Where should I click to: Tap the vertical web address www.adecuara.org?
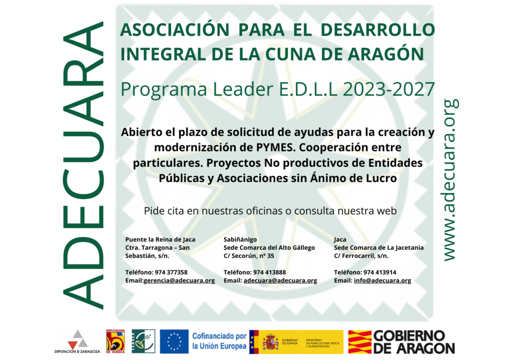pyautogui.click(x=450, y=179)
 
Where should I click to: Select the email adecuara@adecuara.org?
pyautogui.click(x=280, y=281)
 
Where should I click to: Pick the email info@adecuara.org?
pyautogui.click(x=382, y=281)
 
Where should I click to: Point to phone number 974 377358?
pyautogui.click(x=171, y=272)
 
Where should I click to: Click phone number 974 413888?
pyautogui.click(x=269, y=272)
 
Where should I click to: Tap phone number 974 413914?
pyautogui.click(x=380, y=272)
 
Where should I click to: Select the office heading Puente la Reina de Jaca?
pyautogui.click(x=160, y=239)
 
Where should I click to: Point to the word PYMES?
pyautogui.click(x=262, y=148)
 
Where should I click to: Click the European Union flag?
pyautogui.click(x=174, y=341)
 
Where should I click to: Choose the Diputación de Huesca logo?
pyautogui.click(x=115, y=341)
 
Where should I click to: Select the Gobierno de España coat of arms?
pyautogui.click(x=270, y=342)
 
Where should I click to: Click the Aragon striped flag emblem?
pyautogui.click(x=359, y=341)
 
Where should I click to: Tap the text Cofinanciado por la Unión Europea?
pyautogui.click(x=219, y=341)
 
